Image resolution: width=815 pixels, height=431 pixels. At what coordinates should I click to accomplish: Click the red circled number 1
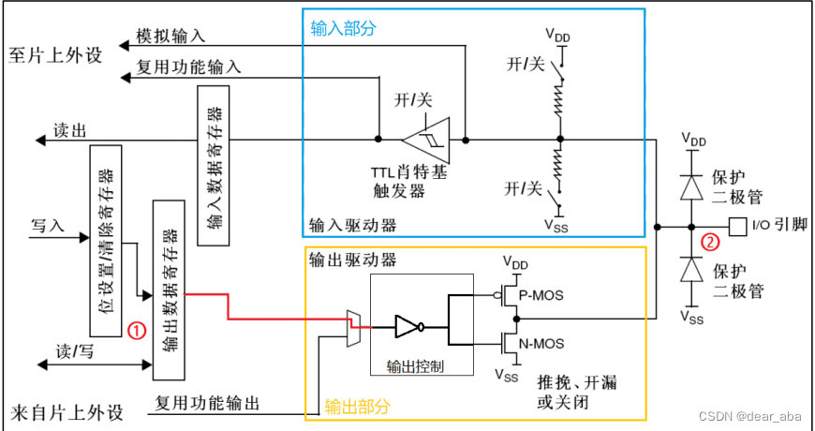136,330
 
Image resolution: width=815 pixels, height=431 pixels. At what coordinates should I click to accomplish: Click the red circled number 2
711,241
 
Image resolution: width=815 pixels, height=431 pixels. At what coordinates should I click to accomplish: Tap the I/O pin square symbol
738,226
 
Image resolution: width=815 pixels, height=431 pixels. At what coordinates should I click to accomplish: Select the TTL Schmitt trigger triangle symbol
425,139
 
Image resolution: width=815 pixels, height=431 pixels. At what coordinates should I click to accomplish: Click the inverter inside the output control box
410,327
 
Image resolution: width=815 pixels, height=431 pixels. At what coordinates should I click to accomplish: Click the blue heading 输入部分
344,28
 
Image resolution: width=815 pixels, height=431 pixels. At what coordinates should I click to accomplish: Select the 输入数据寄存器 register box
214,167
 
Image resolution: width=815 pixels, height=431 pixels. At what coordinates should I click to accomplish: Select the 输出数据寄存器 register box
169,290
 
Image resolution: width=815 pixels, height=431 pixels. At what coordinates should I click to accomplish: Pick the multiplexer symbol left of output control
353,327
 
